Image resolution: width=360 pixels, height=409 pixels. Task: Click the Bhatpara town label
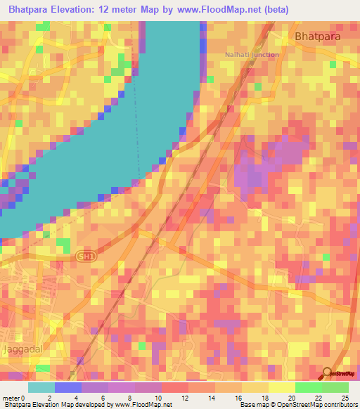tap(320, 36)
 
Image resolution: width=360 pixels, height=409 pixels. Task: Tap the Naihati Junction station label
tap(252, 55)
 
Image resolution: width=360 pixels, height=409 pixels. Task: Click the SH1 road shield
tap(84, 258)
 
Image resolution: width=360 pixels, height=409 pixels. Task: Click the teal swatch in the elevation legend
tap(41, 387)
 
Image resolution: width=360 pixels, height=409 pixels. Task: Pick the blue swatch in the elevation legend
tap(68, 387)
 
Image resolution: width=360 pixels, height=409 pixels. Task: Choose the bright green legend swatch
tap(309, 387)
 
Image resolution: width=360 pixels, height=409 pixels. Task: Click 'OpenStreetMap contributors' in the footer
tap(316, 405)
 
